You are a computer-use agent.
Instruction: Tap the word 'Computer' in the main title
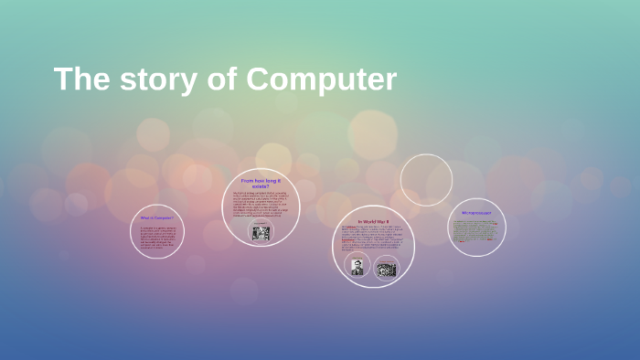(322, 80)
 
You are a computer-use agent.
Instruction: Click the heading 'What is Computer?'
(156, 217)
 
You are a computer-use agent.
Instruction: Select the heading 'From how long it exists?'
(261, 184)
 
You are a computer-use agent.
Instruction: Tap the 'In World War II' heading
(373, 221)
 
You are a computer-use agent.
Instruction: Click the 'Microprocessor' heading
(476, 212)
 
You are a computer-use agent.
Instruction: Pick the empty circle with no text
(426, 179)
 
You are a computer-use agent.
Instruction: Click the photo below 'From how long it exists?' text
(261, 232)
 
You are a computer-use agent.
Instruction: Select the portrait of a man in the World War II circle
(357, 268)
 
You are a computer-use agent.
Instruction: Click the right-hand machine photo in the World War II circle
(386, 269)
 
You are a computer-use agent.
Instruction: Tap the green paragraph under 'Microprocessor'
(476, 229)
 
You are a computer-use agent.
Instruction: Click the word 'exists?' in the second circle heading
(261, 187)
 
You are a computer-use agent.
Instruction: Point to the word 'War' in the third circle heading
(381, 221)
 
